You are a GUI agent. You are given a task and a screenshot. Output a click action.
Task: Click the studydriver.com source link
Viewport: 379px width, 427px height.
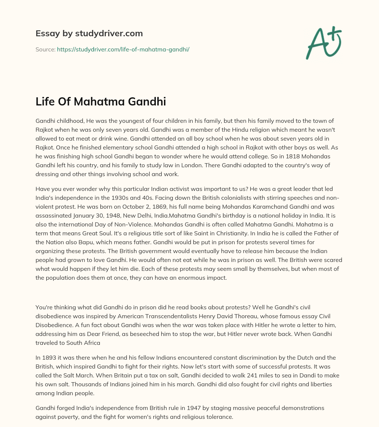(123, 49)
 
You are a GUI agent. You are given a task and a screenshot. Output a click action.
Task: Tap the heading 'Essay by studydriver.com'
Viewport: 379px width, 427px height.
(89, 33)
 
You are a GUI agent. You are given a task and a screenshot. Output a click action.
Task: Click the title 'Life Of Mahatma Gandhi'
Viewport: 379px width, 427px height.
(101, 101)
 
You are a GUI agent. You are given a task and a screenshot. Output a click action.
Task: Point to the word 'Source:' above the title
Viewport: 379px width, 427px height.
(45, 49)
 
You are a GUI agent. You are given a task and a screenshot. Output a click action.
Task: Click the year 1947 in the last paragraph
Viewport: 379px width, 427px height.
(208, 408)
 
